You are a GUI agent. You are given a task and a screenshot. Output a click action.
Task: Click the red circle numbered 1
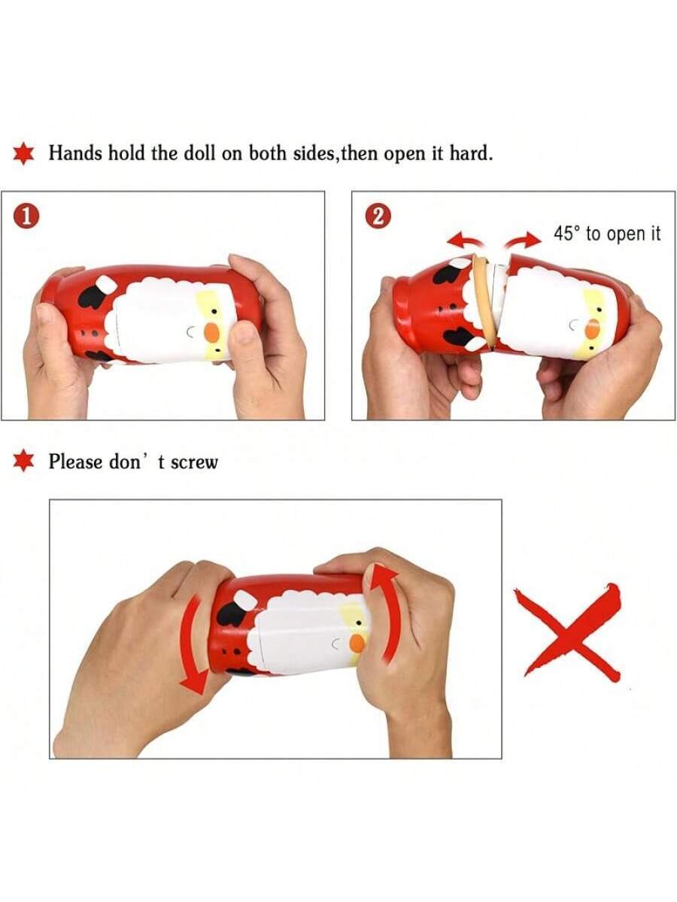[x=27, y=216]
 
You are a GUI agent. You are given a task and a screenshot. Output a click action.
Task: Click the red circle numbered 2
[x=378, y=216]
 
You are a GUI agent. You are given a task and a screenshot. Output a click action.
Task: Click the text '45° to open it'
[x=607, y=234]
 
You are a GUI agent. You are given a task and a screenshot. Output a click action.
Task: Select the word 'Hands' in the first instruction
[x=74, y=153]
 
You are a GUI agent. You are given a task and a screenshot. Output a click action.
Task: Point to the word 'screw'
[x=194, y=463]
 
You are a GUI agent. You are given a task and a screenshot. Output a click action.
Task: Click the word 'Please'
[x=75, y=462]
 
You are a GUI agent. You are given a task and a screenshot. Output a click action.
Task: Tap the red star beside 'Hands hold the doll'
[x=24, y=153]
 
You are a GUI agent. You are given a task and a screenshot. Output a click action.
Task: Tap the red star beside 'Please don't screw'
[x=24, y=461]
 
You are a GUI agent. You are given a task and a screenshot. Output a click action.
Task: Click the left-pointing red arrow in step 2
[x=466, y=240]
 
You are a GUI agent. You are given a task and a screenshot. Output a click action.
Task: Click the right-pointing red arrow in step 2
[x=523, y=240]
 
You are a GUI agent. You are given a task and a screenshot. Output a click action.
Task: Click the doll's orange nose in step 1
[x=211, y=332]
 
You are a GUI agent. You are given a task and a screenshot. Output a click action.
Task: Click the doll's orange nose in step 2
[x=592, y=329]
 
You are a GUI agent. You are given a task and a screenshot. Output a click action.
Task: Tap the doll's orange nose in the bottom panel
[x=357, y=643]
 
